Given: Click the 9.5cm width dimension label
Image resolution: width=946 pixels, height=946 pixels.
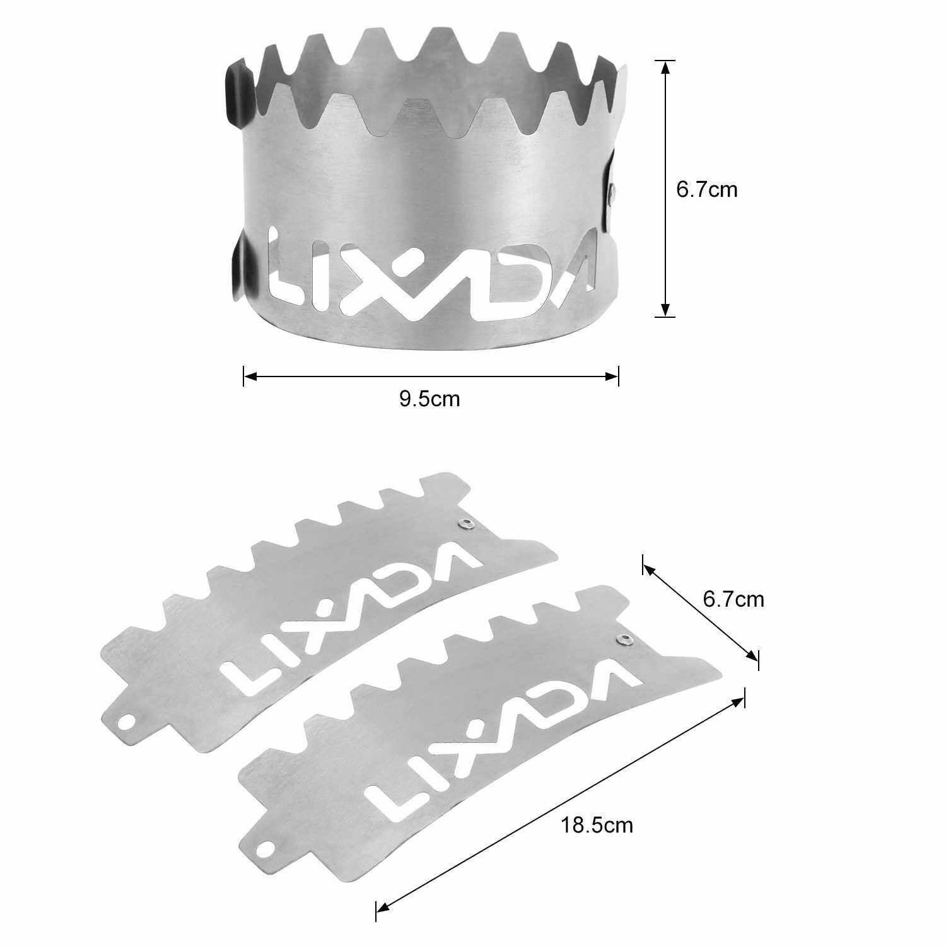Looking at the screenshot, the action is [429, 399].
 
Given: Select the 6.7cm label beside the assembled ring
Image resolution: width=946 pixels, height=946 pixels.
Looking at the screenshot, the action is [706, 189].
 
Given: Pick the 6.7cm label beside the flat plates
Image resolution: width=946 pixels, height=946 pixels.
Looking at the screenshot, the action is [733, 599].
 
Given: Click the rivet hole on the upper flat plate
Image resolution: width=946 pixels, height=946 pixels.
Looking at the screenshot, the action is [465, 523].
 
